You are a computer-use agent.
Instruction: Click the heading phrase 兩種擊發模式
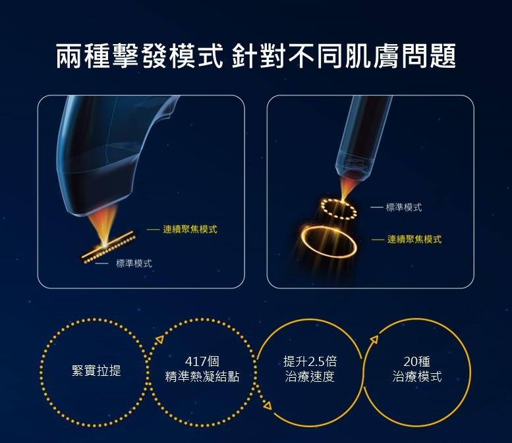(x=140, y=56)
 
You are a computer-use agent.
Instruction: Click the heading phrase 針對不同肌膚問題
(x=344, y=56)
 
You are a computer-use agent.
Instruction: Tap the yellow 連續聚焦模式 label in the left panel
(x=190, y=229)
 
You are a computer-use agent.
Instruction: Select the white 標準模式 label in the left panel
(x=134, y=263)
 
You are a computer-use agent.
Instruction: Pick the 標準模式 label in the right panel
(x=404, y=207)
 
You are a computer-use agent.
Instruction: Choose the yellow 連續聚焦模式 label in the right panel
(x=414, y=239)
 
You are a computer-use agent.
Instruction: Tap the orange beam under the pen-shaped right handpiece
(x=346, y=189)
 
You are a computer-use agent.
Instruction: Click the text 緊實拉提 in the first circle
(x=96, y=371)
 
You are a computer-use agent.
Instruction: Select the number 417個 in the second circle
(x=202, y=361)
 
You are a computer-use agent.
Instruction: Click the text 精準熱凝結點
(x=202, y=376)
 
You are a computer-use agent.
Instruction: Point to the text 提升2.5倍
(x=310, y=361)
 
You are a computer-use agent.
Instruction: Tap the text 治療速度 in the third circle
(x=310, y=376)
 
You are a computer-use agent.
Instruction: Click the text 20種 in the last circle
(x=417, y=361)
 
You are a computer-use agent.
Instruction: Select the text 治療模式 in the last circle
(x=417, y=376)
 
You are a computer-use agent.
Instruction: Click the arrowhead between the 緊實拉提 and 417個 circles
(x=159, y=340)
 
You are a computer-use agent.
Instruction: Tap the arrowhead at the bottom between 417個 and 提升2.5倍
(x=268, y=405)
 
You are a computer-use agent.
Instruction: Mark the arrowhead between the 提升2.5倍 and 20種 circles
(x=374, y=340)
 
